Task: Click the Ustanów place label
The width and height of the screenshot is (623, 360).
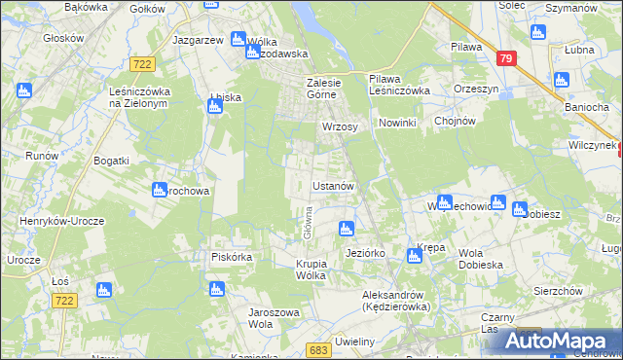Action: tap(338, 185)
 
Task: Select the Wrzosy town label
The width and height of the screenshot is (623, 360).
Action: tap(340, 126)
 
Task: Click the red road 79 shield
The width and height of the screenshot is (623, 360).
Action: tap(504, 58)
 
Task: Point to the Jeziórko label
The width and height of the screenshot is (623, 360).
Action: tap(366, 253)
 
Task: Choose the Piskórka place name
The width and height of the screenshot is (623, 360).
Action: tap(232, 257)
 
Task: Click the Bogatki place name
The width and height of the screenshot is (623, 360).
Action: tap(110, 158)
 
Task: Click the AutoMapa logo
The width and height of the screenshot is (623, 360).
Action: tap(565, 341)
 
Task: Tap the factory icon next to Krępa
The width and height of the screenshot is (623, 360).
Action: tap(413, 255)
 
